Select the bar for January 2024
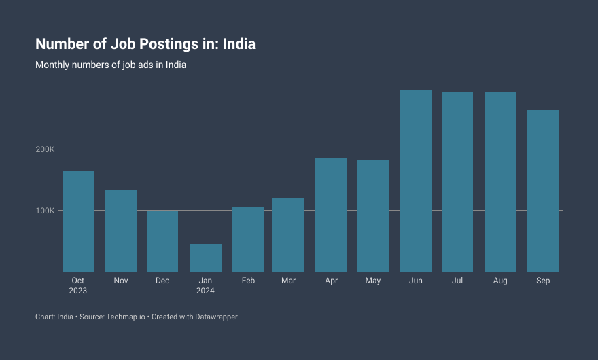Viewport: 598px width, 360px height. click(205, 258)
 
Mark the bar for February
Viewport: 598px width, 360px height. click(248, 239)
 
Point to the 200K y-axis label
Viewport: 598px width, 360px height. click(46, 149)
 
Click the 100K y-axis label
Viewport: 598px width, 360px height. click(46, 211)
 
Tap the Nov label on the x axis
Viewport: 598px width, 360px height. click(121, 281)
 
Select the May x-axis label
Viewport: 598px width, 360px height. click(372, 281)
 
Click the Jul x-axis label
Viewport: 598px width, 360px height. click(457, 281)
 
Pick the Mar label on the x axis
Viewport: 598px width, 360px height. click(288, 281)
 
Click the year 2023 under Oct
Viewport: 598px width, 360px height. click(78, 291)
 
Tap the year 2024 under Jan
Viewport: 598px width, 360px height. click(205, 291)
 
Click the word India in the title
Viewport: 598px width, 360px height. click(239, 44)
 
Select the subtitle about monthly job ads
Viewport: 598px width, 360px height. click(111, 65)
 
